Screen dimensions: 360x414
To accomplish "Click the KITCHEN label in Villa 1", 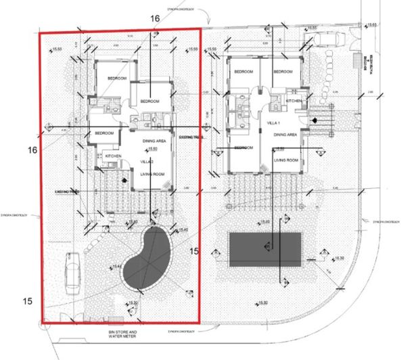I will point(293,100).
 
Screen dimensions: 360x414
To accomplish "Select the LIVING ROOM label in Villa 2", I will point(154,175).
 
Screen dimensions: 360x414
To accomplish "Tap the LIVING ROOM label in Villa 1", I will point(287,160).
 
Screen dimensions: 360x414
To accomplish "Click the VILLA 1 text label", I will point(274,125).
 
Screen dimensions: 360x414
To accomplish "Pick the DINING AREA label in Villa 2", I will point(155,141).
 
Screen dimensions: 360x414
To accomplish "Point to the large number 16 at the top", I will point(155,19).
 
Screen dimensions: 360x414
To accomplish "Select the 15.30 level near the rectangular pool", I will point(338,258).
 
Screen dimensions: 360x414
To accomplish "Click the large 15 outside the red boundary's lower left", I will point(27,300).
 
